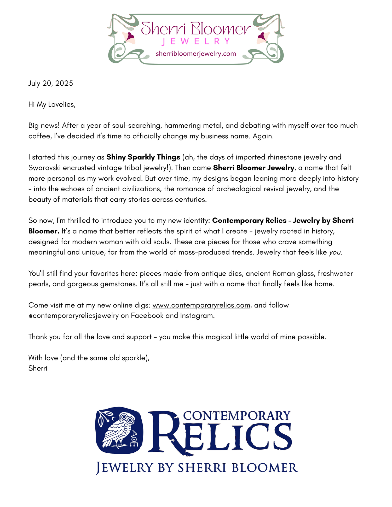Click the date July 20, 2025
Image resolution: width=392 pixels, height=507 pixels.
(50, 83)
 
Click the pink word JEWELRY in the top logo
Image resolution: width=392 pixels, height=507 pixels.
(196, 42)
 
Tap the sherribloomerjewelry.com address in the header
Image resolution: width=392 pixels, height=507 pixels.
(196, 54)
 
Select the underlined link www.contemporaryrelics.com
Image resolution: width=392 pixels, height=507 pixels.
(201, 305)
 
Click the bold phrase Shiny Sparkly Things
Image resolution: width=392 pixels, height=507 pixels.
(143, 157)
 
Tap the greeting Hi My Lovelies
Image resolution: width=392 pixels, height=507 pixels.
(52, 104)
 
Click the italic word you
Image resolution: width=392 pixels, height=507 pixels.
(335, 252)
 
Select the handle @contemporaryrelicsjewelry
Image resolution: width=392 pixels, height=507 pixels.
(73, 316)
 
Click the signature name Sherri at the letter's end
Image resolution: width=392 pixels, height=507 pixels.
(38, 368)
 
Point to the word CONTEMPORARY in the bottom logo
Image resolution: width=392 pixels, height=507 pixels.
(237, 415)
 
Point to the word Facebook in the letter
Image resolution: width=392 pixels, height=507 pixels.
(147, 316)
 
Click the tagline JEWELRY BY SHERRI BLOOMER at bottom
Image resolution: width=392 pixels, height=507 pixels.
(197, 468)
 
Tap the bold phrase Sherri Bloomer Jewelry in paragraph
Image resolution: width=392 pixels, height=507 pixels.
(254, 168)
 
